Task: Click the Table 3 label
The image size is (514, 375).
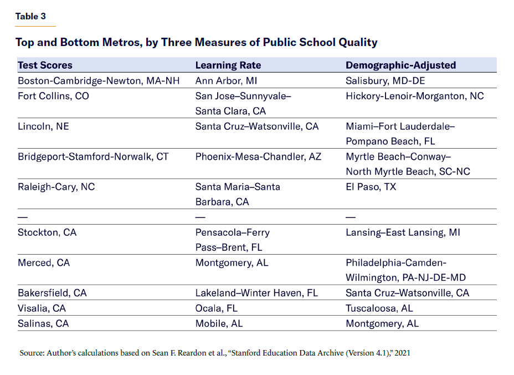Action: (30, 16)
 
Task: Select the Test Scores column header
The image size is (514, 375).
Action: (45, 65)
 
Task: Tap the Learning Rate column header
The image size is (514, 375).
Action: (228, 65)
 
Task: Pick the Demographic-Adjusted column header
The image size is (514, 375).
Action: (400, 65)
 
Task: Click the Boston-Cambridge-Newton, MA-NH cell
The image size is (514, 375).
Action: (99, 80)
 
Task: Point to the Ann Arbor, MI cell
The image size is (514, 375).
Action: (226, 80)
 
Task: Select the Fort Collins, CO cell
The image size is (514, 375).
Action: (53, 96)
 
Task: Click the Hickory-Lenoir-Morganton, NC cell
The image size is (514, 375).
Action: (414, 96)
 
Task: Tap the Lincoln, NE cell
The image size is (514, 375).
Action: (43, 126)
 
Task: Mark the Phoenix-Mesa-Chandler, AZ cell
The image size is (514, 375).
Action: (258, 156)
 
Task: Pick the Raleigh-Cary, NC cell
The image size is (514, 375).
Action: (56, 187)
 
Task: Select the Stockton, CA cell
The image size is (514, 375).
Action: (47, 232)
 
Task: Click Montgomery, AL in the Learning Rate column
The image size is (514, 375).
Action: (232, 262)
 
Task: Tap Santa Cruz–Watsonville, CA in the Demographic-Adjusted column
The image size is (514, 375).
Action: (407, 293)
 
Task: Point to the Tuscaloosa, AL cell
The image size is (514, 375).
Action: (379, 308)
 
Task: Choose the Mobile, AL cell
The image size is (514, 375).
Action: (219, 323)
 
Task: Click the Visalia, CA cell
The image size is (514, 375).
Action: (42, 308)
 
